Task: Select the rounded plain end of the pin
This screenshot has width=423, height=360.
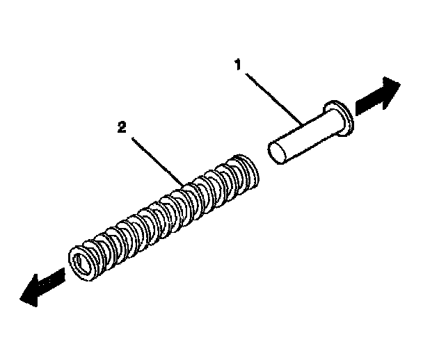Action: point(277,154)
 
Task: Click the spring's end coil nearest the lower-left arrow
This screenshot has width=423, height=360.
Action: point(83,263)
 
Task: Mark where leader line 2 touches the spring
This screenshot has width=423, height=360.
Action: point(184,185)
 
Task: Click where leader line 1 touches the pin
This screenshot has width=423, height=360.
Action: point(301,124)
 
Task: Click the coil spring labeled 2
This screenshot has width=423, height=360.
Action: point(163,215)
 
